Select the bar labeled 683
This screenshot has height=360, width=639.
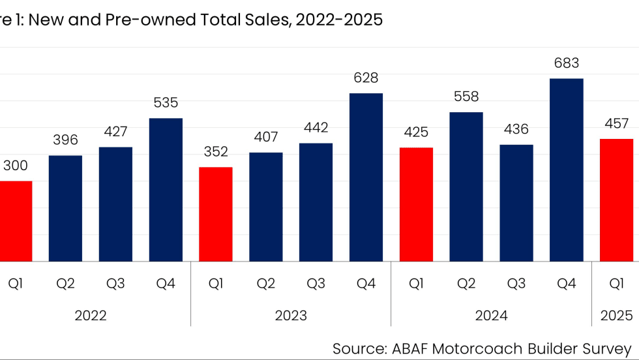pyautogui.click(x=567, y=170)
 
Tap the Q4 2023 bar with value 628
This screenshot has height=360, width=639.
pyautogui.click(x=366, y=177)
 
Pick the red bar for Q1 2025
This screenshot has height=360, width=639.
pyautogui.click(x=616, y=200)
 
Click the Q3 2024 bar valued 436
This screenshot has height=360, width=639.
pyautogui.click(x=516, y=203)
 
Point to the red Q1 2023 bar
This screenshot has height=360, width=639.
pyautogui.click(x=216, y=214)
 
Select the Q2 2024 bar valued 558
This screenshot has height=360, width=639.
pyautogui.click(x=466, y=187)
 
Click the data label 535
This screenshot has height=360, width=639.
pyautogui.click(x=166, y=102)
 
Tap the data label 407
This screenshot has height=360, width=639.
pyautogui.click(x=266, y=137)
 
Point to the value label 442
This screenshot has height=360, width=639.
pyautogui.click(x=316, y=127)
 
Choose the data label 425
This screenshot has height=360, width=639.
pyautogui.click(x=416, y=132)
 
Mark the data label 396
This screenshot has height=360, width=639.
pyautogui.click(x=65, y=140)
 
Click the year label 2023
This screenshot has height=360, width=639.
pyautogui.click(x=291, y=316)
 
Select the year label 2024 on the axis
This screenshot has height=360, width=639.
pyautogui.click(x=491, y=316)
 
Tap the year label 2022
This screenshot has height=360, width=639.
pyautogui.click(x=91, y=316)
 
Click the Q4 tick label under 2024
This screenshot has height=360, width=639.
pyautogui.click(x=567, y=284)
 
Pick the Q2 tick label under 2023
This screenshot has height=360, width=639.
pyautogui.click(x=266, y=284)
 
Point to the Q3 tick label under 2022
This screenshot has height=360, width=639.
pyautogui.click(x=115, y=284)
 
